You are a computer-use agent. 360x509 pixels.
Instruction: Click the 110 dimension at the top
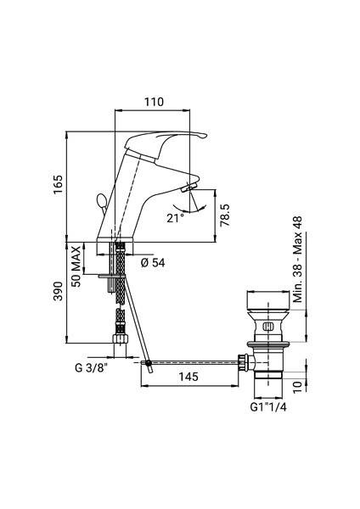pyautogui.click(x=153, y=103)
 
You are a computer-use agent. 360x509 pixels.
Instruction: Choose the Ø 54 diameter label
pyautogui.click(x=152, y=262)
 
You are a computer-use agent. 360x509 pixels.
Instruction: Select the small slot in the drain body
pyautogui.click(x=265, y=325)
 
